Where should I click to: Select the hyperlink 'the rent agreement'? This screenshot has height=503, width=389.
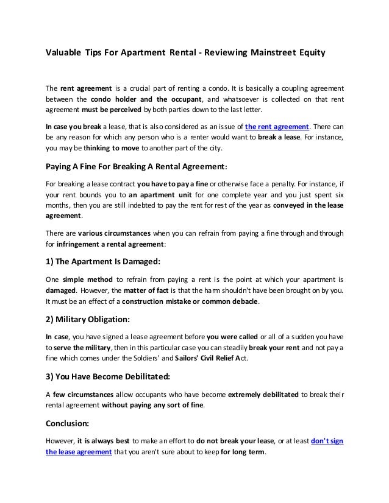coord(277,127)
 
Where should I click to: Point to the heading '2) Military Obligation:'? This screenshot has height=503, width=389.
coord(88,318)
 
